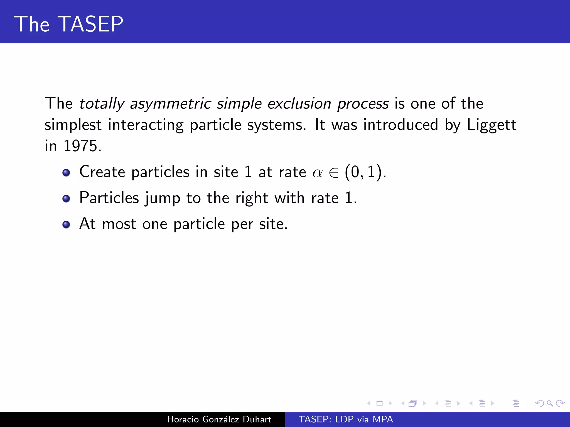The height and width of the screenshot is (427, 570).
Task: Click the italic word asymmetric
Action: pyautogui.click(x=171, y=104)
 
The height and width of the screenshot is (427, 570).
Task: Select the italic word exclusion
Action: pyautogui.click(x=299, y=104)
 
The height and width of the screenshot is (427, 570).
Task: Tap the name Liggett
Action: pyautogui.click(x=492, y=125)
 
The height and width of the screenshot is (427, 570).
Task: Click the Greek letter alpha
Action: pyautogui.click(x=318, y=173)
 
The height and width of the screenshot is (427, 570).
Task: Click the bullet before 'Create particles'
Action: pyautogui.click(x=66, y=173)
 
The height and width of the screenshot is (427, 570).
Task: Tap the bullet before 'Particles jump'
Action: pyautogui.click(x=66, y=198)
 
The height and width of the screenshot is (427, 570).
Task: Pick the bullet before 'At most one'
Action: pyautogui.click(x=66, y=224)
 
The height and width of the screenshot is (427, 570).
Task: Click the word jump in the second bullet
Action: pyautogui.click(x=162, y=198)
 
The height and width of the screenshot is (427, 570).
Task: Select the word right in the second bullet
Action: pyautogui.click(x=252, y=198)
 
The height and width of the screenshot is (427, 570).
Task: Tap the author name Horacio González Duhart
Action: pyautogui.click(x=219, y=419)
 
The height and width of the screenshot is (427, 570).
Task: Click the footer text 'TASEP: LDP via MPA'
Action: pyautogui.click(x=346, y=419)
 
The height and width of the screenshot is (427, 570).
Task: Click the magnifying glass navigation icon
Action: pyautogui.click(x=550, y=403)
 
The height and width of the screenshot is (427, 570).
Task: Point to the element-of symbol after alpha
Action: pyautogui.click(x=333, y=173)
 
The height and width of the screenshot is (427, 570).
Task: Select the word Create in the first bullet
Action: pyautogui.click(x=102, y=172)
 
